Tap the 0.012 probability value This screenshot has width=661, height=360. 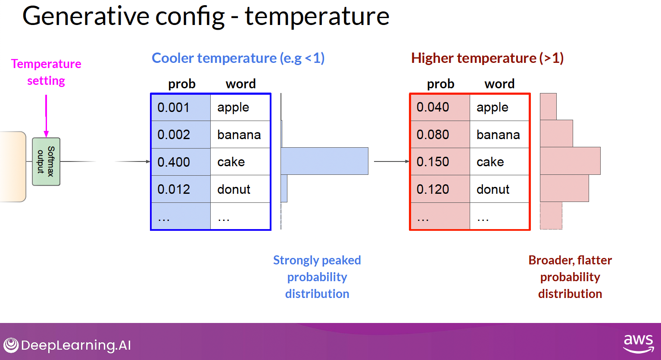point(174,189)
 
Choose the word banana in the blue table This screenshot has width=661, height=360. point(239,135)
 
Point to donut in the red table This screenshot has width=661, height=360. point(493,189)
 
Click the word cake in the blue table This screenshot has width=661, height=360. point(231,162)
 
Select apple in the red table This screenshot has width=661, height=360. point(492,108)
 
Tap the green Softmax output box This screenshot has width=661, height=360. point(46,161)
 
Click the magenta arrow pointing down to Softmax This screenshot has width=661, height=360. point(46,116)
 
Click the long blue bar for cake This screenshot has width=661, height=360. point(324,161)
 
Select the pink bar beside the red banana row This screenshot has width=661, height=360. point(557,133)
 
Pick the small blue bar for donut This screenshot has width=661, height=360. point(284,189)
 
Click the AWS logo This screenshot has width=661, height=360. point(638,344)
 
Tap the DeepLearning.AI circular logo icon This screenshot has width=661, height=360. point(11,345)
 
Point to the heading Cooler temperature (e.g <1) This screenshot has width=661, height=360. point(238,58)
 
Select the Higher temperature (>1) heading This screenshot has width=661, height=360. point(487,58)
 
